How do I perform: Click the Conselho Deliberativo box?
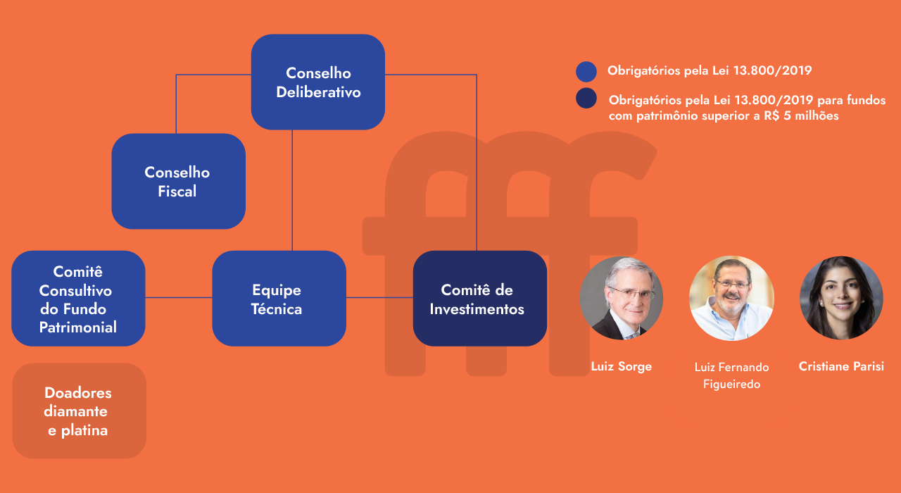(x=318, y=82)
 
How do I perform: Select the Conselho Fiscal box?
(x=178, y=181)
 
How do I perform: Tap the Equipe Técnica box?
(x=279, y=299)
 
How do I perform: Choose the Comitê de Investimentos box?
(x=479, y=299)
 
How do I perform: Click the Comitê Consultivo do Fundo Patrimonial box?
(x=78, y=299)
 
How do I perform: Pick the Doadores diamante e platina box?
(x=79, y=411)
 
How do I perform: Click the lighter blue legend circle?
(x=586, y=72)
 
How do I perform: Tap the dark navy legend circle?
(x=586, y=99)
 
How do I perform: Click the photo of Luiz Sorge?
(x=621, y=298)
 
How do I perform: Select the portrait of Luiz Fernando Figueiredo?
(x=731, y=298)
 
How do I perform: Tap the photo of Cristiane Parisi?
(x=841, y=298)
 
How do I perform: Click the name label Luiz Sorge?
(x=621, y=366)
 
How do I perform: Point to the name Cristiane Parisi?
(x=841, y=366)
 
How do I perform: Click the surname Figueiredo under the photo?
(x=731, y=385)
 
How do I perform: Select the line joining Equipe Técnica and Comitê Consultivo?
(x=179, y=298)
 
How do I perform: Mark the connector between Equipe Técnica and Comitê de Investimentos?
(x=379, y=298)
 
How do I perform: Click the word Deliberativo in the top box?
(x=318, y=92)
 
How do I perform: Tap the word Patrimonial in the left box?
(x=78, y=327)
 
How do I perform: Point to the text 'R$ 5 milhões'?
(x=805, y=116)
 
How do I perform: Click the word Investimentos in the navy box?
(x=477, y=309)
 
